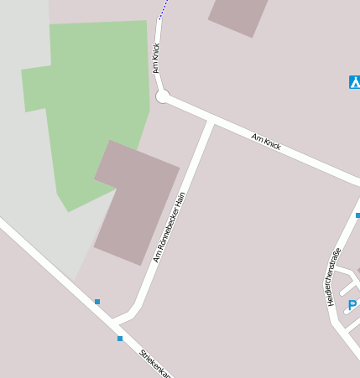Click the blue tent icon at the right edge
[x=354, y=82]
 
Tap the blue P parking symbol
[x=352, y=305]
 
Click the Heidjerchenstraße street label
[x=334, y=277]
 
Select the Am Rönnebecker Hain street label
[x=168, y=227]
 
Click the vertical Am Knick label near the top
[x=156, y=58]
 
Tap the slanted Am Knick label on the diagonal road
[x=266, y=141]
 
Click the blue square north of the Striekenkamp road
[x=97, y=302]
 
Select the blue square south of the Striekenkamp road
[x=120, y=339]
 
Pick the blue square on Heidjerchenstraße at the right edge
[x=357, y=215]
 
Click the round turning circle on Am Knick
[x=163, y=97]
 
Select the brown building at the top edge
[x=239, y=15]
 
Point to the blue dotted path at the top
[x=163, y=9]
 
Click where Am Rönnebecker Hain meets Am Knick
[x=210, y=123]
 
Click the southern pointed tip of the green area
[x=68, y=210]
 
